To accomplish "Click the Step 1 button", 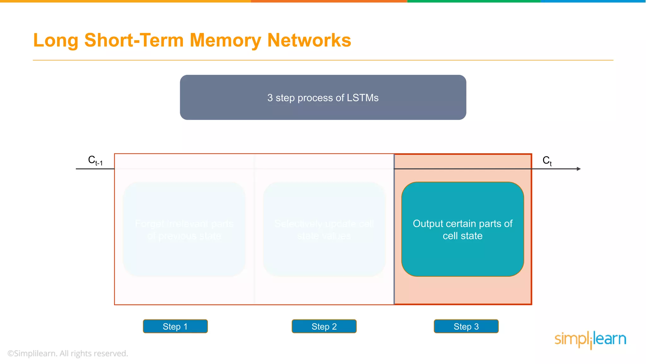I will pos(175,326).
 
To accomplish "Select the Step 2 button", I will pos(324,326).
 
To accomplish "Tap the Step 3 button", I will pos(466,326).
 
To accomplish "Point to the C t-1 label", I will pos(95,161).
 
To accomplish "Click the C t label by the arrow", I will pos(547,161).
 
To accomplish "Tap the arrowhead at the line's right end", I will pos(578,169).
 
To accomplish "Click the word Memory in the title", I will pos(225,40).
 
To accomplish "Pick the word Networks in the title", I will pos(309,40).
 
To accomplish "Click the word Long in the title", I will pos(56,41).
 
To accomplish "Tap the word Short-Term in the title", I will pos(134,40).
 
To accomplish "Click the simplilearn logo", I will pos(590,339).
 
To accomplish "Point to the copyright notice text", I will pos(68,353).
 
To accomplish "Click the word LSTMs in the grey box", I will pos(362,98).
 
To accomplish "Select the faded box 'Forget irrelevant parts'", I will pos(184,229).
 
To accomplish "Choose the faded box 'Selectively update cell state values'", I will pos(324,229).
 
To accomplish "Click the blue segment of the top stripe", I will pos(593,1).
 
